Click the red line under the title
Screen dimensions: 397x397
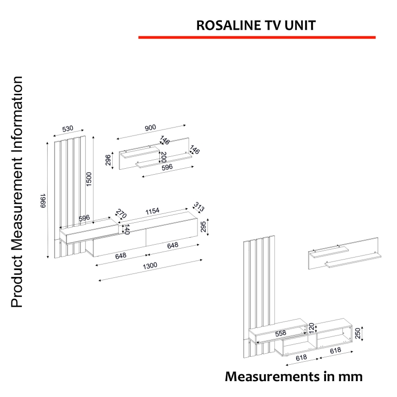257,37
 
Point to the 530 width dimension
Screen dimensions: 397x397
68,129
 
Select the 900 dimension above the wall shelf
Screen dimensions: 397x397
150,128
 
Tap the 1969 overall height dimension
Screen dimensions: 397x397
44,201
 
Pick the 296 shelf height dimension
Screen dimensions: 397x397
108,160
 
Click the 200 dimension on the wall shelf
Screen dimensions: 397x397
163,158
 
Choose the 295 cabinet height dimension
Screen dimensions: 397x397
203,227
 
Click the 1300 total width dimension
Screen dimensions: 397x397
150,265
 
